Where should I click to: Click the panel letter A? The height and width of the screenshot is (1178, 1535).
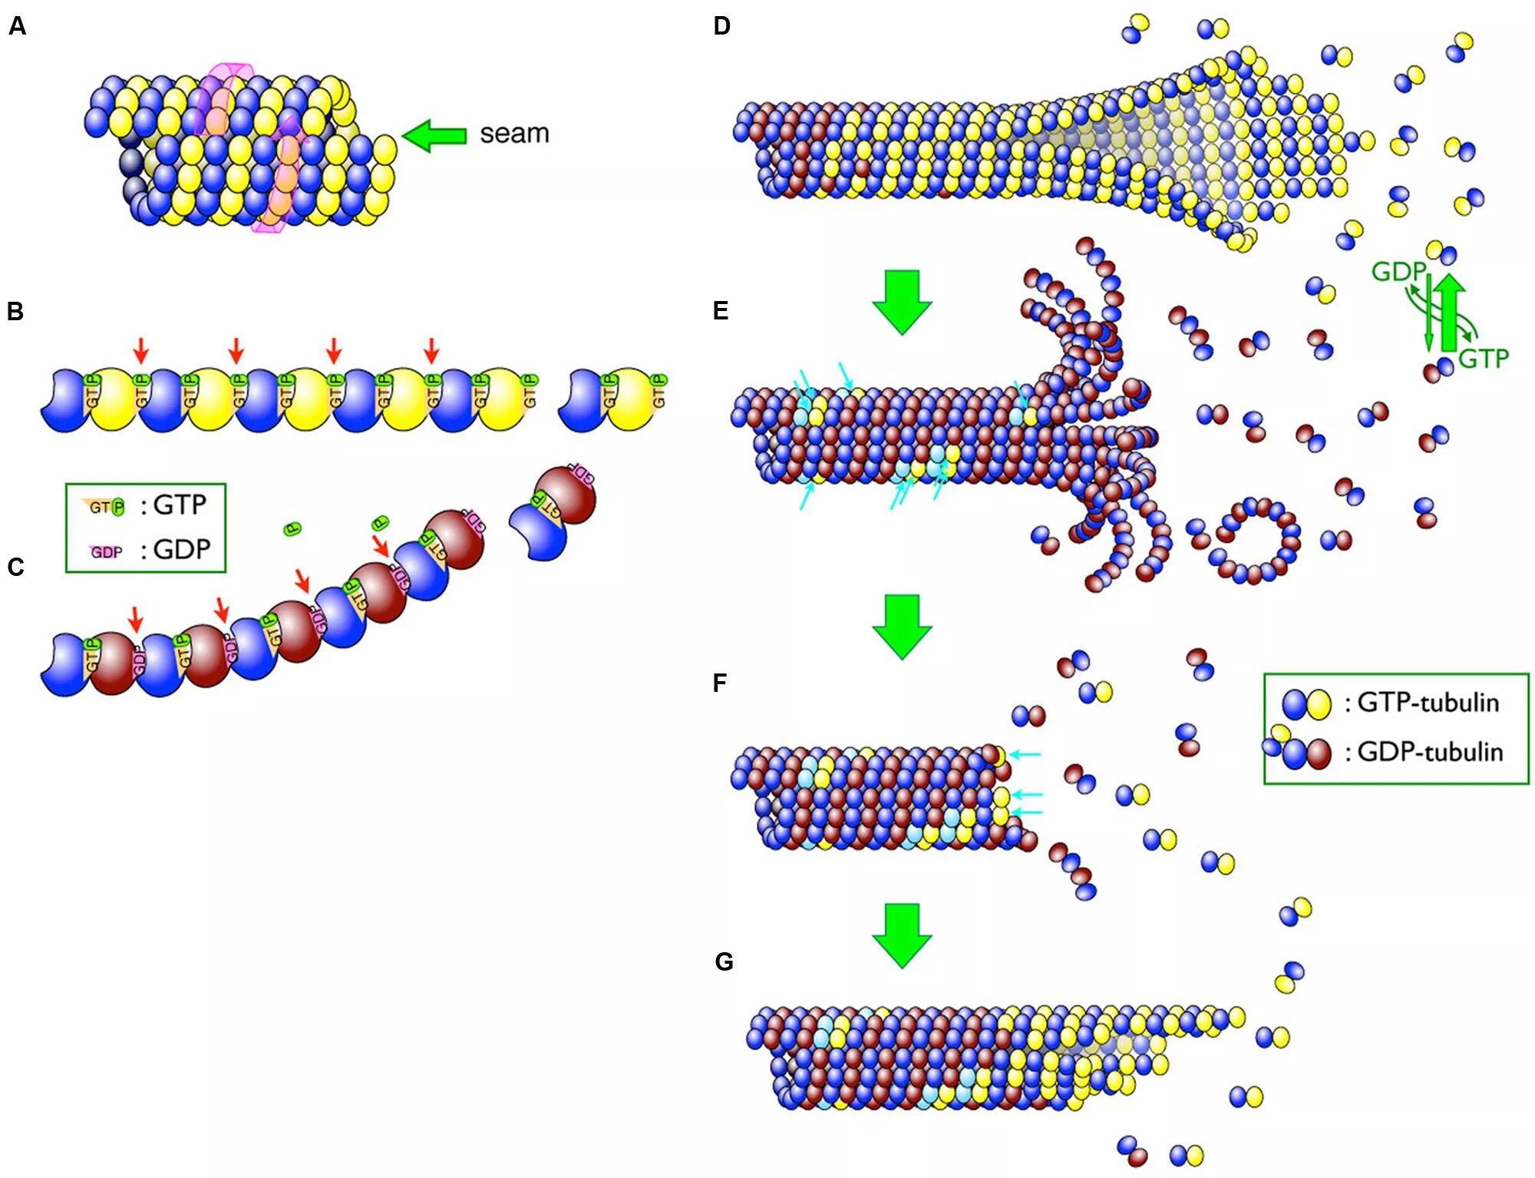[x=18, y=27]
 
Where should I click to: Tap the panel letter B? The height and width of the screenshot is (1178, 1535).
[x=15, y=312]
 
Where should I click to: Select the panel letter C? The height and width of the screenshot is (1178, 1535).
[x=15, y=567]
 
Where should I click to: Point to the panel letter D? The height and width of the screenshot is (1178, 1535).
[x=721, y=26]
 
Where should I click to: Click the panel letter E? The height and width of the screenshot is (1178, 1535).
[x=720, y=311]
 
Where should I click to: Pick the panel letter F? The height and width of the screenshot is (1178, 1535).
[x=719, y=683]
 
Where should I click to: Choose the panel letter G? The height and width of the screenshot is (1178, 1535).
[x=724, y=962]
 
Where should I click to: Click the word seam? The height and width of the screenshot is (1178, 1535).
[x=514, y=134]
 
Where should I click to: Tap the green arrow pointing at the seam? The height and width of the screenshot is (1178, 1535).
[x=434, y=136]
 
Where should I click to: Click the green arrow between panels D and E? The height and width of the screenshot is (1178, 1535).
[x=902, y=302]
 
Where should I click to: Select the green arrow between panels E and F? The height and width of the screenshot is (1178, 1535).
[x=902, y=627]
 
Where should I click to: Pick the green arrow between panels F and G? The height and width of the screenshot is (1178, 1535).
[x=902, y=935]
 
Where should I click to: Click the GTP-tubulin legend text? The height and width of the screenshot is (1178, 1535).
[x=1428, y=703]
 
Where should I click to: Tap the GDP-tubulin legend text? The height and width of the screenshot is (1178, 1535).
[x=1430, y=752]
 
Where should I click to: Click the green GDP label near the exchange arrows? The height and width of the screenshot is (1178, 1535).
[x=1398, y=272]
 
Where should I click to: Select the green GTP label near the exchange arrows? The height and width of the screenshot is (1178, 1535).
[x=1483, y=359]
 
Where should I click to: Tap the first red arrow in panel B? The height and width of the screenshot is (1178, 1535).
[x=140, y=350]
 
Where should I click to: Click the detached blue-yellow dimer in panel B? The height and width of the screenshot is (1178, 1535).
[x=612, y=399]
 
